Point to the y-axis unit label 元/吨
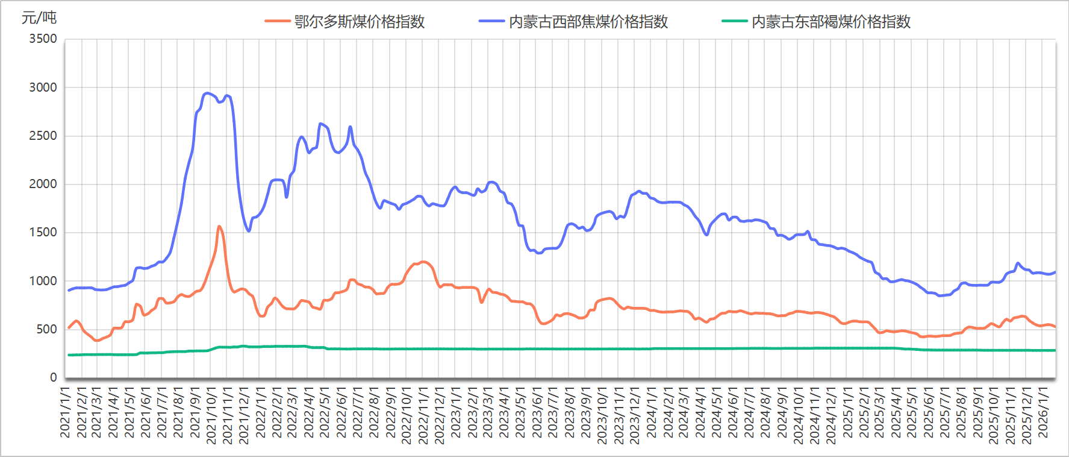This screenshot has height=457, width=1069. click(39, 17)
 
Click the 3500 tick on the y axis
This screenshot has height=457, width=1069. click(43, 39)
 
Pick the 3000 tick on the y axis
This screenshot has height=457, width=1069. click(43, 87)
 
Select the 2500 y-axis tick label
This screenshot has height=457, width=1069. click(43, 136)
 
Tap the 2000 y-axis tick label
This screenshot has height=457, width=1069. click(43, 184)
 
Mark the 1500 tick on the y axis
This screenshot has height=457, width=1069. click(43, 232)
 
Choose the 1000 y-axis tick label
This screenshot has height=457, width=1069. click(43, 281)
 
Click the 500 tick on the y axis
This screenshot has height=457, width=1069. click(46, 329)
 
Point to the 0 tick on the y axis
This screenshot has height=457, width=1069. click(54, 377)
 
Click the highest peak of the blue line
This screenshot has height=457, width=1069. click(208, 93)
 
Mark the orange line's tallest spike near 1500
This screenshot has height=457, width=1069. click(219, 227)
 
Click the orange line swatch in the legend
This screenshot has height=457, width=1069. click(277, 22)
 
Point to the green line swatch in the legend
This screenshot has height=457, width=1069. click(734, 22)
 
